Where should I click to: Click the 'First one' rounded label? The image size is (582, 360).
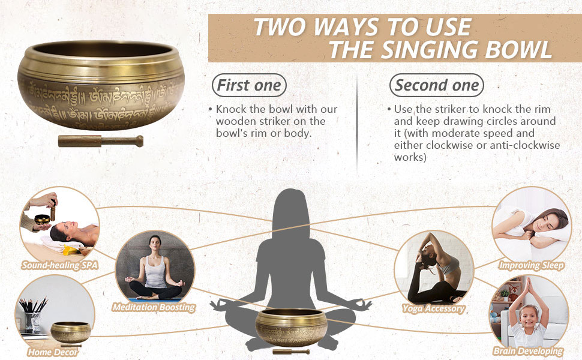249,85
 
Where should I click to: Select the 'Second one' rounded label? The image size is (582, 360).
437,85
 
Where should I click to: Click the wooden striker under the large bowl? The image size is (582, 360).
100,142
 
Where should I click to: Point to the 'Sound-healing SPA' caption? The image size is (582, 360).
59,265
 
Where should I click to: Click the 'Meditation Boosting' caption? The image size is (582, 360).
154,307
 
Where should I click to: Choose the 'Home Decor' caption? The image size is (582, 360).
52,352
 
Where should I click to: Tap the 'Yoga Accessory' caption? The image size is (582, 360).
433,308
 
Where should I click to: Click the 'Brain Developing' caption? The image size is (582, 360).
528,351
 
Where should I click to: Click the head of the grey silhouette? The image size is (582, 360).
291,207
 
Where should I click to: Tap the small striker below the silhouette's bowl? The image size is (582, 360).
290,350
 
